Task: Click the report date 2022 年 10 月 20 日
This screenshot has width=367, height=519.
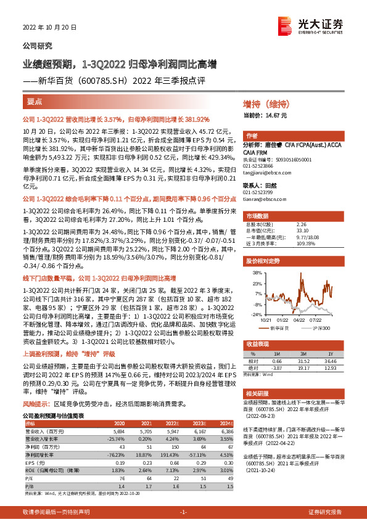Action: (x=49, y=28)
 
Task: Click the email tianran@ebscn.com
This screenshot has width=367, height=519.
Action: (x=262, y=200)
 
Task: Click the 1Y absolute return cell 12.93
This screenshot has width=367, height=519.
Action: (x=328, y=367)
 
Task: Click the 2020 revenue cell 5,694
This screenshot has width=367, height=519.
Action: (x=117, y=430)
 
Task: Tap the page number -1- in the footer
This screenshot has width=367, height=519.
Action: (x=183, y=512)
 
